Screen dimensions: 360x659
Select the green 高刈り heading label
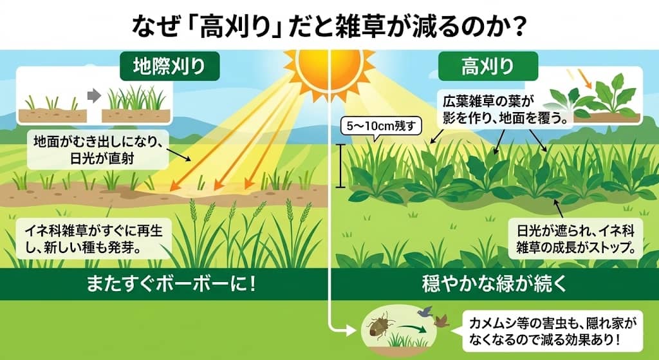point(488,66)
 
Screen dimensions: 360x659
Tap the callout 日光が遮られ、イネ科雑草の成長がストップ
point(576,237)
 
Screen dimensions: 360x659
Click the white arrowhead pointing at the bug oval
point(351,330)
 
